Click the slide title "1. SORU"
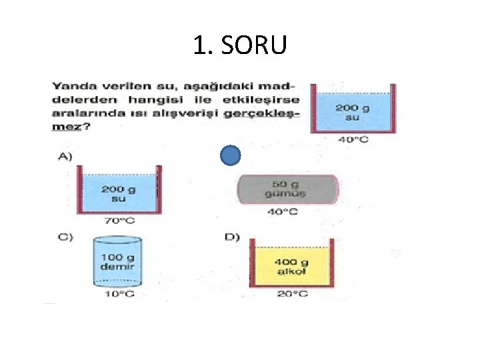point(240,45)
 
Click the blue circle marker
point(229,156)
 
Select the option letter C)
point(65,239)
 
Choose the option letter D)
point(232,239)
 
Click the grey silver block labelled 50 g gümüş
point(287,189)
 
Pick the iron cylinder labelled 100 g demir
point(117,261)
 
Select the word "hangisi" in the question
point(147,99)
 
